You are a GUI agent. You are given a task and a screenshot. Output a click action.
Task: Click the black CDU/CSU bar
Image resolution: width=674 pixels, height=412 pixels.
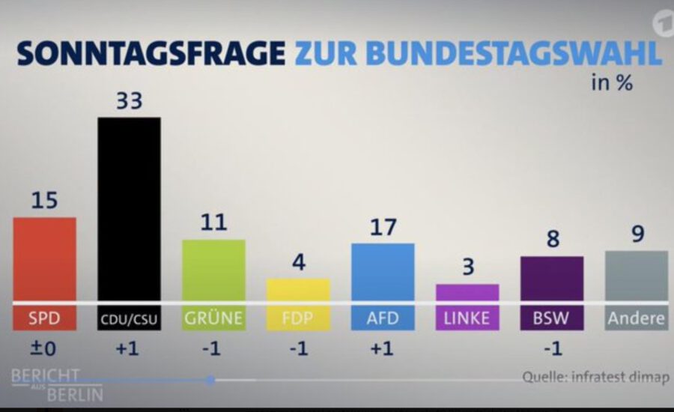click(129, 209)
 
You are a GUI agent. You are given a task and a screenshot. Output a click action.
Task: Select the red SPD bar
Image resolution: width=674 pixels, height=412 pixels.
click(44, 259)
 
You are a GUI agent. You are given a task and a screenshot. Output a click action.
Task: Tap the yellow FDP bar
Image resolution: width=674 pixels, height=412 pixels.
click(298, 290)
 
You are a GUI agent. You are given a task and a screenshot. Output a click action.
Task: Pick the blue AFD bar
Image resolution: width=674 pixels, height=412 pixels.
click(383, 272)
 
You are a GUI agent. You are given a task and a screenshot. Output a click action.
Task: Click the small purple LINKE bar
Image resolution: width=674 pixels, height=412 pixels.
click(467, 292)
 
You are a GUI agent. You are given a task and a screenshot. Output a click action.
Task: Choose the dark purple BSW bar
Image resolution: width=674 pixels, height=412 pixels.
click(552, 279)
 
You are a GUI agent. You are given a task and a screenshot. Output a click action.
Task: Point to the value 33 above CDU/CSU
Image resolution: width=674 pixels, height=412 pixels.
click(130, 101)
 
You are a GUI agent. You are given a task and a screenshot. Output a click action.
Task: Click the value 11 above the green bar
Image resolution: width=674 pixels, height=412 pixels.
click(213, 222)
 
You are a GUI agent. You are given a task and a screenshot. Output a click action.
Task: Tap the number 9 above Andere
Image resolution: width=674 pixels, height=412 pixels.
click(638, 234)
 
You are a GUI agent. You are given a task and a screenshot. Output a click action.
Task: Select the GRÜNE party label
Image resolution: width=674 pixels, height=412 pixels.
click(213, 318)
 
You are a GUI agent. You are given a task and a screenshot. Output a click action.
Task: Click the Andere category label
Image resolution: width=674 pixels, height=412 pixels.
click(636, 318)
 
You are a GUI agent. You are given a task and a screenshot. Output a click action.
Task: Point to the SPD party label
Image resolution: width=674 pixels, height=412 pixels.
click(44, 318)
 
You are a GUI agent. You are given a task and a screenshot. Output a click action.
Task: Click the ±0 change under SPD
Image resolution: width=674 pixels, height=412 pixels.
click(43, 348)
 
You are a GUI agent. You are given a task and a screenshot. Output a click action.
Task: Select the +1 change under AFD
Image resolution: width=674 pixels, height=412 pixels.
click(382, 348)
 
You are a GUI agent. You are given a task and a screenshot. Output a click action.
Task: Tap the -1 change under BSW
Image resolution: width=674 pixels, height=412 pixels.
click(553, 348)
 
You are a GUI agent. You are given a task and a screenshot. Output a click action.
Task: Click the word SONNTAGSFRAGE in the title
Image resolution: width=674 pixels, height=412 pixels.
click(151, 53)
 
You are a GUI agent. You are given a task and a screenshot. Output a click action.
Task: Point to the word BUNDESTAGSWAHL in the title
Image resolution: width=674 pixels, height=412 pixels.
click(514, 53)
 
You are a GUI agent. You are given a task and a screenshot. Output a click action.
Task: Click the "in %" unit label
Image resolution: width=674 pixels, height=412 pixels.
click(612, 82)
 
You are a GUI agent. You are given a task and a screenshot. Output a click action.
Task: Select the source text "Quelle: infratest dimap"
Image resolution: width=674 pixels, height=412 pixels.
click(596, 377)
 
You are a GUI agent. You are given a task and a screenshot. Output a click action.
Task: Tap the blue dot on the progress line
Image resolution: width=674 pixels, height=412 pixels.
click(210, 381)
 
